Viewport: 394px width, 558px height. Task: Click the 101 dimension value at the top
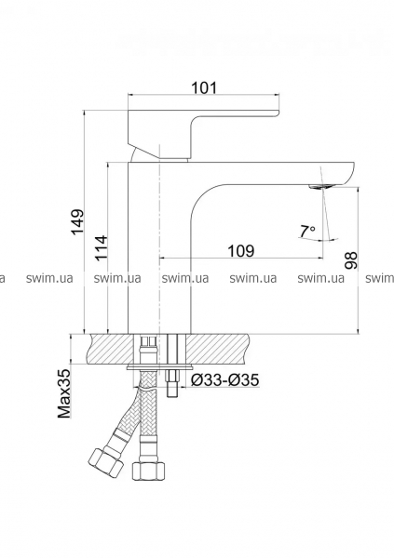[204, 87]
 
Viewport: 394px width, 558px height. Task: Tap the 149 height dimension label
[77, 221]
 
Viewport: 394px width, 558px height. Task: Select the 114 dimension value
[101, 248]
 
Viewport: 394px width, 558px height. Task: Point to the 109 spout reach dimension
[241, 251]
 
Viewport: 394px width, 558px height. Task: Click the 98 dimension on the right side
[351, 260]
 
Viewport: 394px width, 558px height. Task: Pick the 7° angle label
[306, 232]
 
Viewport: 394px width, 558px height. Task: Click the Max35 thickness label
[64, 393]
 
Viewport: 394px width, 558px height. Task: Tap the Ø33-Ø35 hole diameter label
[225, 380]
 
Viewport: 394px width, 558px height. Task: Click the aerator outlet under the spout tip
[322, 186]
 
